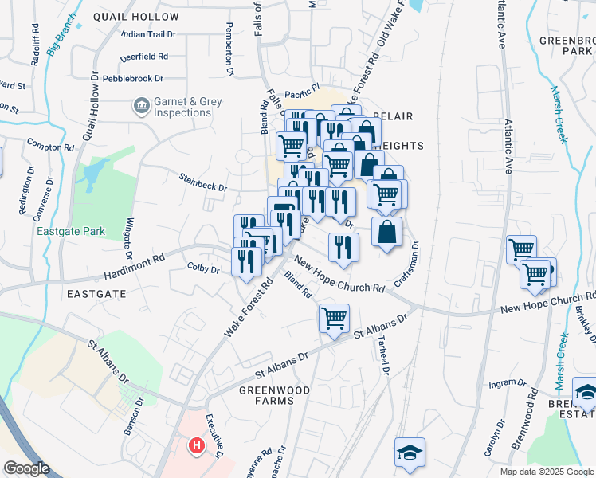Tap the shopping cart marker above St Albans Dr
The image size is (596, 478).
pyautogui.click(x=334, y=317)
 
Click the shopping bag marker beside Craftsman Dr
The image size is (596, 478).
pyautogui.click(x=386, y=232)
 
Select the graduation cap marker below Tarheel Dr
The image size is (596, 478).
pyautogui.click(x=410, y=452)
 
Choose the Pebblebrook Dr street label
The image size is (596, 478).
pyautogui.click(x=131, y=79)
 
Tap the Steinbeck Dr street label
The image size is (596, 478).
pyautogui.click(x=202, y=182)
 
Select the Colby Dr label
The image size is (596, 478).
pyautogui.click(x=203, y=269)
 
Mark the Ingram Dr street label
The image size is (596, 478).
pyautogui.click(x=504, y=383)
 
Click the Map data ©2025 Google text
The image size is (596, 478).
pyautogui.click(x=546, y=472)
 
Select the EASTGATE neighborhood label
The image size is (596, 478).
pyautogui.click(x=96, y=294)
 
